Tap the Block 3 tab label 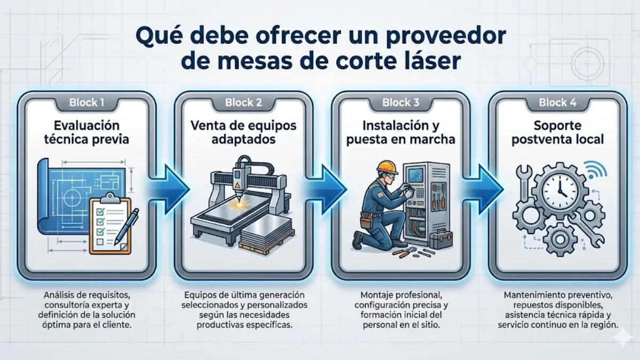400,102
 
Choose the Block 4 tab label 557,102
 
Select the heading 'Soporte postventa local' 557,133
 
